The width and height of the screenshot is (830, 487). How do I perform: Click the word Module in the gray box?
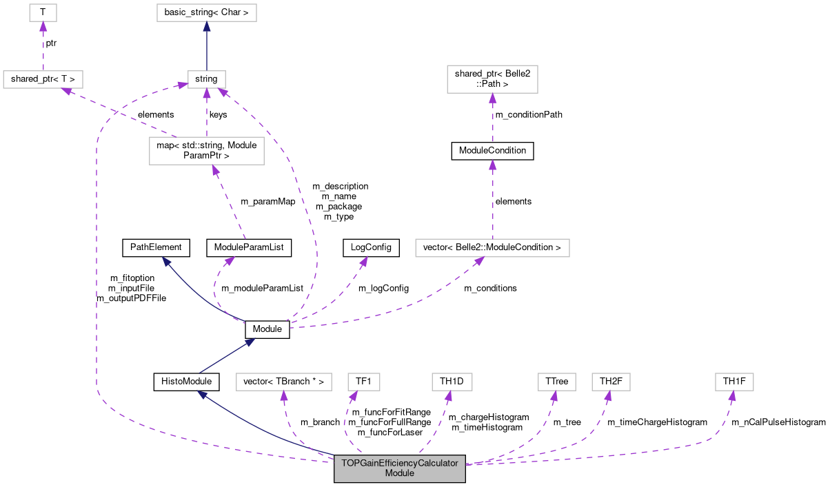400,473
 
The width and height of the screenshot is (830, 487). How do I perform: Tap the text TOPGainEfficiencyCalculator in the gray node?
400,463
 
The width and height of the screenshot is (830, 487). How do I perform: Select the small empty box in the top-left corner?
43,12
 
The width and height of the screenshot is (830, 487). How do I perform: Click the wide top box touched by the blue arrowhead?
207,12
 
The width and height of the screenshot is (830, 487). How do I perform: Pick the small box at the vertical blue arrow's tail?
207,79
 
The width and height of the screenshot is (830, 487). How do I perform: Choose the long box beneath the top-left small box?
43,79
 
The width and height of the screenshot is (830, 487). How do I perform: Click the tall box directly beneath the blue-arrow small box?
207,151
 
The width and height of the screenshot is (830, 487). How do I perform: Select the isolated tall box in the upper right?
492,79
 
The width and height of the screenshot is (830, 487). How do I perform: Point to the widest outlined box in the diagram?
492,248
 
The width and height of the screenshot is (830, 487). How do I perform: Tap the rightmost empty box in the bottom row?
734,382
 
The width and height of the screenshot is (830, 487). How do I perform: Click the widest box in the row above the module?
284,382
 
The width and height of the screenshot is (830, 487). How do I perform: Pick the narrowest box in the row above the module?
364,382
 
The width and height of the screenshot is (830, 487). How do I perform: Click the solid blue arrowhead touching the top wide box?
207,27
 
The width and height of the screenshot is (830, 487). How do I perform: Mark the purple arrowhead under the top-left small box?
43,27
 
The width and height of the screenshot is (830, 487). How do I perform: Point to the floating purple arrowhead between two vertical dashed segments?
492,165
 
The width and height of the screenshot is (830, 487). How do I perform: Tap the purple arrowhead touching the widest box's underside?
479,261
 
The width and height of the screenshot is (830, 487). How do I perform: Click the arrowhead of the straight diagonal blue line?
250,341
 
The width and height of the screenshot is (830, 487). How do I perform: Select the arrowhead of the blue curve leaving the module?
202,394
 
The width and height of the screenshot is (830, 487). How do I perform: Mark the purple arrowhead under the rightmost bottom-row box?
732,396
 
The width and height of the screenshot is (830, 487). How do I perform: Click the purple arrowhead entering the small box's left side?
182,85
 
